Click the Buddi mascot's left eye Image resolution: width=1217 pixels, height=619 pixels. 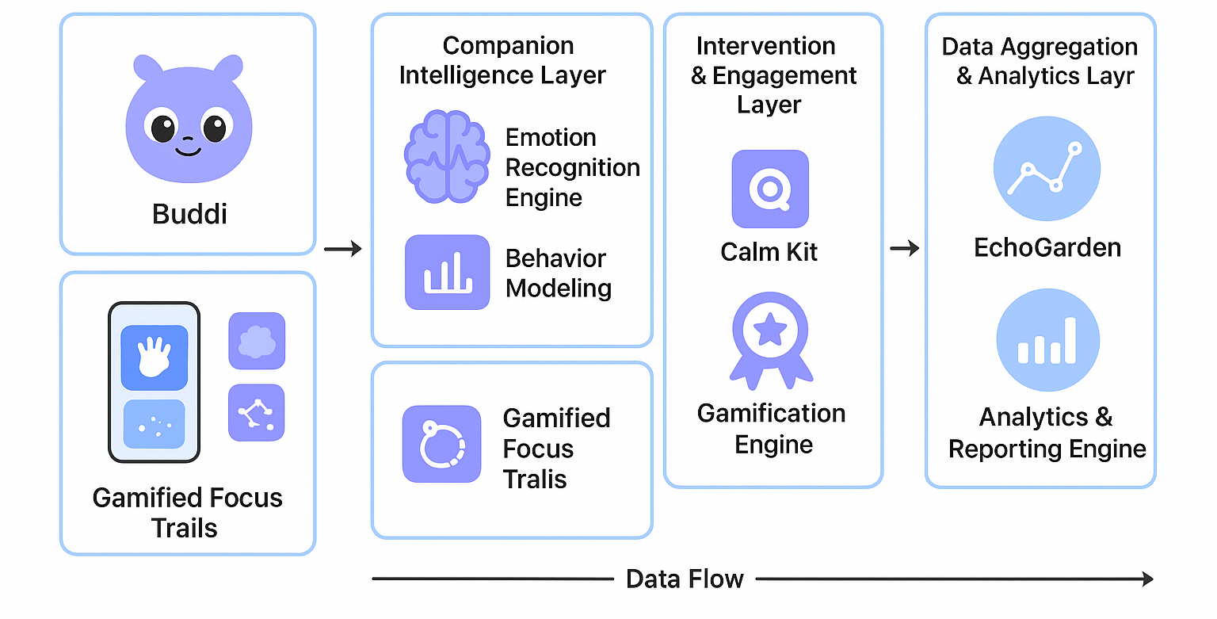(x=162, y=126)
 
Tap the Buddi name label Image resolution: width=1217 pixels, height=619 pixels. (x=189, y=214)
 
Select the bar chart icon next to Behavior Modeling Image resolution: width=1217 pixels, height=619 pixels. (x=447, y=272)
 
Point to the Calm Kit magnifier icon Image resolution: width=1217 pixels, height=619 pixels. (x=769, y=189)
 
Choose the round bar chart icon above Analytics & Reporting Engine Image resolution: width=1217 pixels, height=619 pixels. (x=1047, y=340)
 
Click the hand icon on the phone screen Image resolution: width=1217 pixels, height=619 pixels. (x=154, y=357)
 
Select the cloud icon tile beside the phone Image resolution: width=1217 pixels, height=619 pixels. (x=256, y=341)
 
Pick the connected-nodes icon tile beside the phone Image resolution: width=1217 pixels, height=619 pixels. (x=256, y=413)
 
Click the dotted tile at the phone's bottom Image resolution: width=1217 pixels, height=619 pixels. (x=154, y=427)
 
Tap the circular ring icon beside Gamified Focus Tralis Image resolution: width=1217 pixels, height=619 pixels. (x=441, y=445)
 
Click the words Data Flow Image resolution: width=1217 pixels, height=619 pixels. (x=685, y=579)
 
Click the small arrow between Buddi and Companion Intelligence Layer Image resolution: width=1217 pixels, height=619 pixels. (x=342, y=250)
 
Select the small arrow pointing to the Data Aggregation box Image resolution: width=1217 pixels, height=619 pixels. (x=904, y=250)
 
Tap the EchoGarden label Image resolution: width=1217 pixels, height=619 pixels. (x=1047, y=247)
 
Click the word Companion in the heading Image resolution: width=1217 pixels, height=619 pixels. (x=508, y=45)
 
